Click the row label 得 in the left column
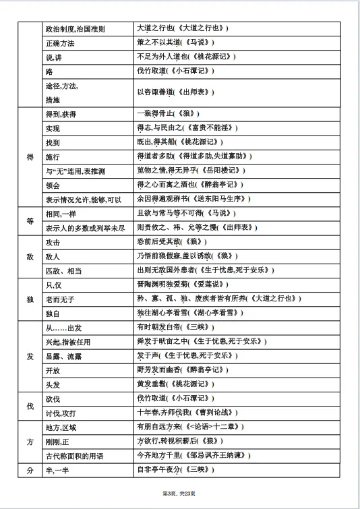point(30,156)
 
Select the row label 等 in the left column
point(30,220)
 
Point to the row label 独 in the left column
point(30,299)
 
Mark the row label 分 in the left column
point(30,470)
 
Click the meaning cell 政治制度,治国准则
point(80,28)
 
